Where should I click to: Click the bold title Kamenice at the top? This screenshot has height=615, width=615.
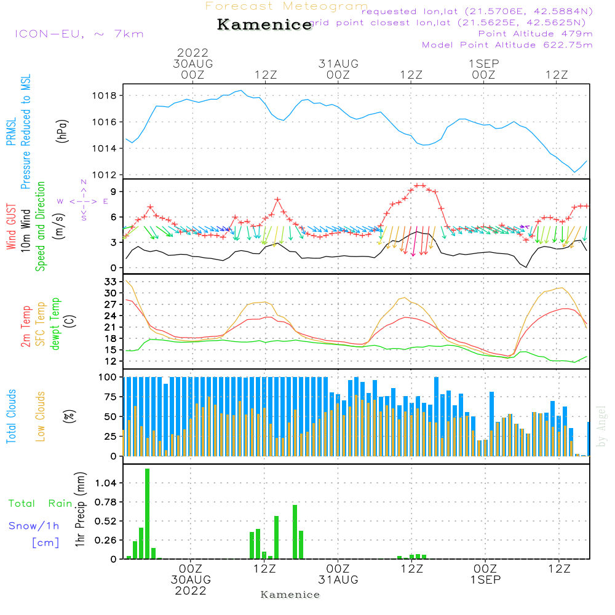tap(264, 25)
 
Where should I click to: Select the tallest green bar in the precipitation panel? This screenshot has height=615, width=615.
tap(148, 514)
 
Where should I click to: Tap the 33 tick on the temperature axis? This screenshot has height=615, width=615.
tap(111, 282)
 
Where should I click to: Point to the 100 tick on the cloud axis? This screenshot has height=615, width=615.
tap(108, 377)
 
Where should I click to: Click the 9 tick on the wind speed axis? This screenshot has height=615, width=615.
tap(113, 192)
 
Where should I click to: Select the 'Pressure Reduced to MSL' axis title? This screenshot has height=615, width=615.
tap(26, 132)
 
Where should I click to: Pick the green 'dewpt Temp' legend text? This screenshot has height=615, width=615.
tap(55, 325)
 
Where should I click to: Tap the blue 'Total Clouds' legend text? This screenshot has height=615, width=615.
tap(11, 416)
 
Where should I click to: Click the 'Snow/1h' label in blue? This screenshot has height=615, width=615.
tap(34, 526)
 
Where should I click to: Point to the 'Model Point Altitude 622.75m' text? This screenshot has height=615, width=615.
tap(507, 45)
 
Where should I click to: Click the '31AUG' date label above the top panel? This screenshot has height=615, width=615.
tap(338, 63)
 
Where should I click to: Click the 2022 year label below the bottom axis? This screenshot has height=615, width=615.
tap(191, 591)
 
